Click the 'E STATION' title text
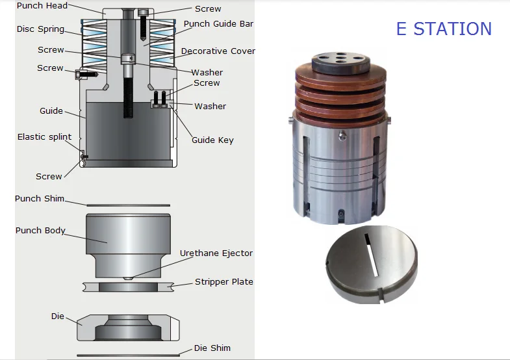[444, 29]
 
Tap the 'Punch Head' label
[42, 6]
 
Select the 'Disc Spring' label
[40, 29]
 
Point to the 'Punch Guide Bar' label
[218, 24]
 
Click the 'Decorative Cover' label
[218, 51]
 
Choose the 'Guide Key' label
[212, 140]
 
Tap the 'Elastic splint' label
[44, 137]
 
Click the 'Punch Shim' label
[40, 198]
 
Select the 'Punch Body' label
[40, 231]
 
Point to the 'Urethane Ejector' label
[216, 253]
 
